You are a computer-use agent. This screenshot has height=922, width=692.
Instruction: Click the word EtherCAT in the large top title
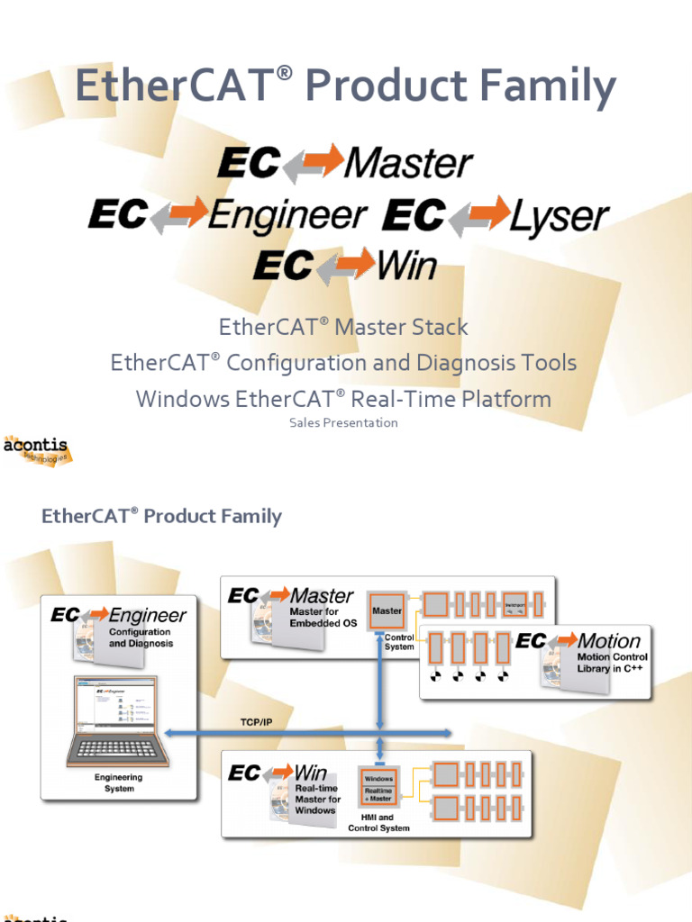(172, 88)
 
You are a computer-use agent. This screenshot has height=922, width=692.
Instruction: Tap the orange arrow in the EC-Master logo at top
(314, 163)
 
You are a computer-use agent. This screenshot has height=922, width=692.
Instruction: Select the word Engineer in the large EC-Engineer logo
(287, 216)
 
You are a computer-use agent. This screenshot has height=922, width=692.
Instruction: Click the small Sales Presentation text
(343, 422)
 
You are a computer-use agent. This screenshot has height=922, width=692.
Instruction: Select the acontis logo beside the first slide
(36, 448)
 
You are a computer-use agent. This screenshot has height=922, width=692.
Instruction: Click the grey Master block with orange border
(387, 611)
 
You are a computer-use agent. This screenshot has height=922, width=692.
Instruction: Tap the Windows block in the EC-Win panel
(378, 779)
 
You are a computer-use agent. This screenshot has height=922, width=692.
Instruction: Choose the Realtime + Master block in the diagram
(378, 794)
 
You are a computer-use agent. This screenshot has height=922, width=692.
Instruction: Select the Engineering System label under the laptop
(119, 782)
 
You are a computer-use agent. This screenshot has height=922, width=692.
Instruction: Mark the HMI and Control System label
(378, 823)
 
